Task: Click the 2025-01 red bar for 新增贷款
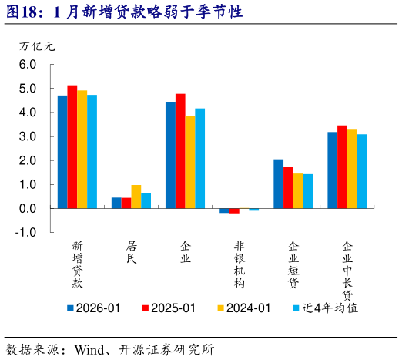click(x=72, y=146)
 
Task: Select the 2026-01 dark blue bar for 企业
click(x=170, y=155)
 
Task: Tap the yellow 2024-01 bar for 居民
click(x=136, y=197)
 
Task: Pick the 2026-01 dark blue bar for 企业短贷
click(x=278, y=183)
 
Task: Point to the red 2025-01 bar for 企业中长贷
click(x=342, y=167)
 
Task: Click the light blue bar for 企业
click(x=200, y=158)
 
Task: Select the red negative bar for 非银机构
click(x=234, y=210)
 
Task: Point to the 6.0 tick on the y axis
click(x=28, y=65)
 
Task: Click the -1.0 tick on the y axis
click(x=27, y=232)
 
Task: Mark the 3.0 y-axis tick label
click(x=28, y=136)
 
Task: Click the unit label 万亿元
click(x=37, y=45)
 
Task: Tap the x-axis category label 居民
click(x=131, y=253)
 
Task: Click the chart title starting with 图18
click(x=122, y=12)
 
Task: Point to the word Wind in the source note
click(x=89, y=349)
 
